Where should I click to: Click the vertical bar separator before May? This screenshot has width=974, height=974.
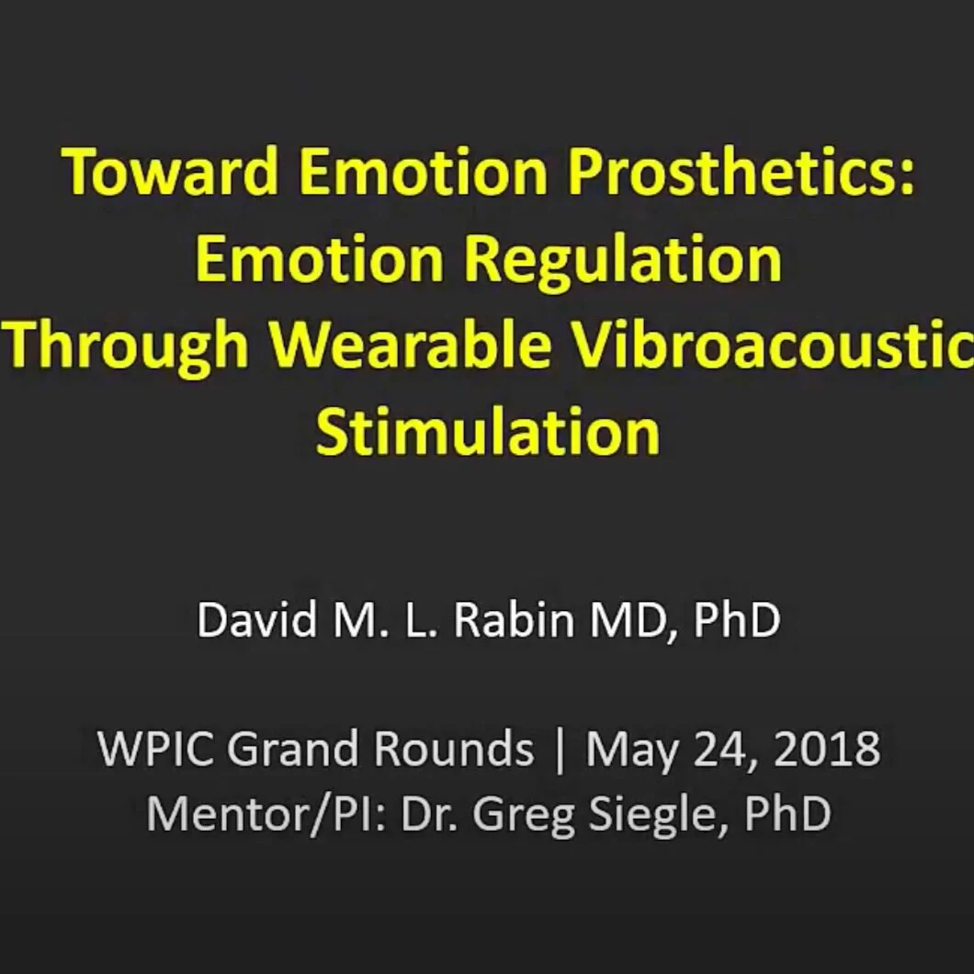(x=561, y=751)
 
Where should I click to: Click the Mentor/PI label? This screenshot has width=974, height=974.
(x=266, y=813)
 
